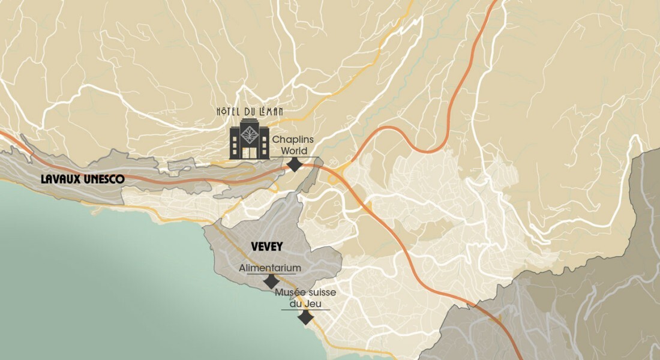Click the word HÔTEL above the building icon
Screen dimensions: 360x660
tap(229, 111)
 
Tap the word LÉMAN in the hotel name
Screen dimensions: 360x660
tap(271, 111)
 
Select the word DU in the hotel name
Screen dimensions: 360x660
tap(250, 111)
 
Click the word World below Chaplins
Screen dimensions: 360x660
tap(295, 150)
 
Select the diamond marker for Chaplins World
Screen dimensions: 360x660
tap(295, 165)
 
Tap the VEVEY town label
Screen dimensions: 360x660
tap(267, 247)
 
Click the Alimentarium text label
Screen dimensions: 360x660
tap(270, 268)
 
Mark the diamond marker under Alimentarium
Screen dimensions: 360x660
tap(271, 281)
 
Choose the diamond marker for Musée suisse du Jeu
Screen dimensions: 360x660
tap(306, 317)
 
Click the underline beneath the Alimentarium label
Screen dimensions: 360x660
tap(270, 274)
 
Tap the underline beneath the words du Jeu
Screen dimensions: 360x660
tap(306, 310)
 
